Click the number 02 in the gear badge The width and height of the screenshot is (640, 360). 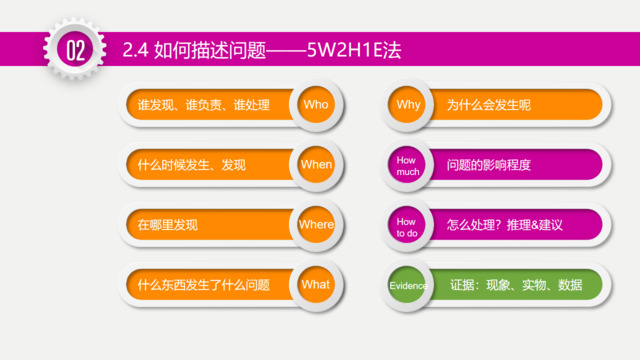pyautogui.click(x=75, y=50)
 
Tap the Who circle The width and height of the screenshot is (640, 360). pyautogui.click(x=316, y=104)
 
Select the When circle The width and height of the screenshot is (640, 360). pyautogui.click(x=316, y=164)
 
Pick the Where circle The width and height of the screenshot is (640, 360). pyautogui.click(x=316, y=224)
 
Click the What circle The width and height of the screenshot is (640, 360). pyautogui.click(x=316, y=284)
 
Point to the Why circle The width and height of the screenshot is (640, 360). pyautogui.click(x=409, y=104)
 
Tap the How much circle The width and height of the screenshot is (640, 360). pyautogui.click(x=409, y=164)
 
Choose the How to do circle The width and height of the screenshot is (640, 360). pyautogui.click(x=409, y=224)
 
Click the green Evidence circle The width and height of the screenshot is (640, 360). pyautogui.click(x=409, y=285)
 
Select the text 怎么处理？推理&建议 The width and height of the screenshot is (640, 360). pyautogui.click(x=506, y=224)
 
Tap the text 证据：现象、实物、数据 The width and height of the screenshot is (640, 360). pyautogui.click(x=516, y=285)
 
